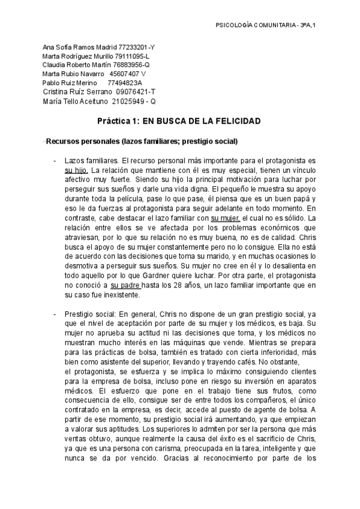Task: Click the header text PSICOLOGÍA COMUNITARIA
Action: click(x=256, y=25)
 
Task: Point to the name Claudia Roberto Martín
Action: click(x=76, y=65)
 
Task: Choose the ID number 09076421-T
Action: click(x=136, y=92)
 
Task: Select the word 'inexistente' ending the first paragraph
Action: click(x=121, y=295)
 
